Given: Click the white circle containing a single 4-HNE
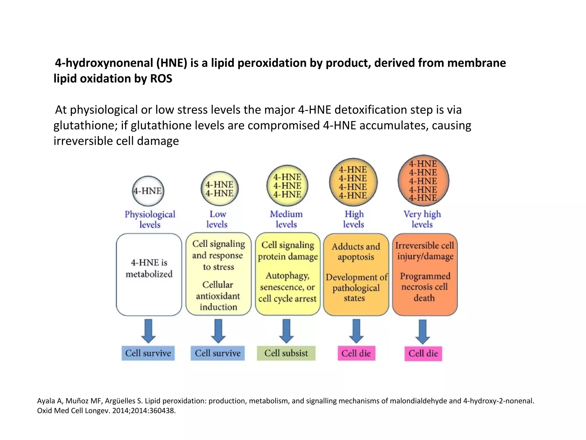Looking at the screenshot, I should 148,191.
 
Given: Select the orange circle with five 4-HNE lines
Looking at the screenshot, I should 423,181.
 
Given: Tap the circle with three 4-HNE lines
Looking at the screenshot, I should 287,186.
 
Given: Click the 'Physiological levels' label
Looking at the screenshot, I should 150,219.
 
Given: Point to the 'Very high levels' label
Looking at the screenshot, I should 422,219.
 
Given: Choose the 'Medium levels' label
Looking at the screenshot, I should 286,219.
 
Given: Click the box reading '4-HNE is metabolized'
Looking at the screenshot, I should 149,274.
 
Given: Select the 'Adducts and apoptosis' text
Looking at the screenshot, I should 356,252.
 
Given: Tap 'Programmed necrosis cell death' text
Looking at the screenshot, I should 425,287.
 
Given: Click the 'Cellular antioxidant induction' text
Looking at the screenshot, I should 218,296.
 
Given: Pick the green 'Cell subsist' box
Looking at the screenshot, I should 286,353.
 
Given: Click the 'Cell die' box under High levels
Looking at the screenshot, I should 356,353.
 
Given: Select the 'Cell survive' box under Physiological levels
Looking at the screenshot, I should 148,353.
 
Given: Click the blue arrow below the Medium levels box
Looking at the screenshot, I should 286,331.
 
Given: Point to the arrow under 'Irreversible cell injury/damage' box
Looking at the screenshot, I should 423,331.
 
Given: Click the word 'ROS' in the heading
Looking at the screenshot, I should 161,78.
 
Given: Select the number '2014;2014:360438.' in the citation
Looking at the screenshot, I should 144,410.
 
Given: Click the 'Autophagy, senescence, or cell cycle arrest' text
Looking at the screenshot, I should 287,287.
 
